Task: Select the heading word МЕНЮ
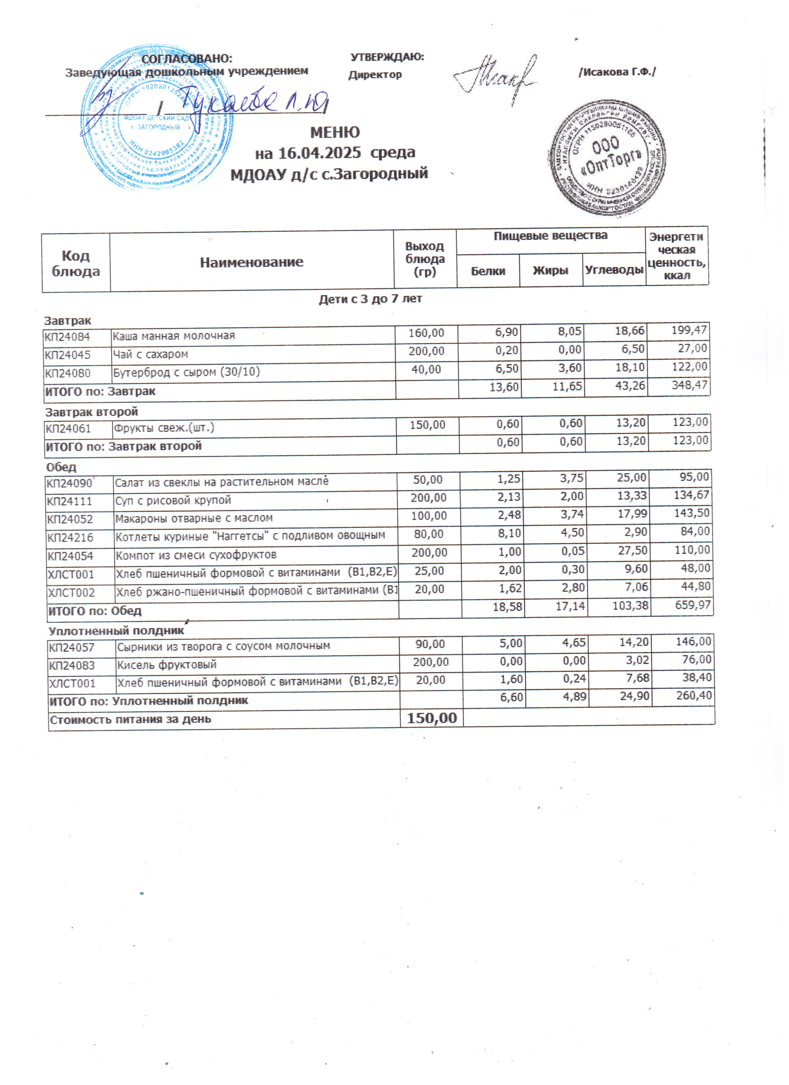tap(335, 132)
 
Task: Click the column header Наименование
tap(252, 262)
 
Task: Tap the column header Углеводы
tap(614, 270)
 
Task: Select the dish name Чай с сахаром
tap(151, 355)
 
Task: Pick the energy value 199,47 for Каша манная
tap(689, 330)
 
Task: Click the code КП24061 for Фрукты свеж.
tap(68, 429)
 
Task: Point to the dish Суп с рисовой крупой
tap(173, 500)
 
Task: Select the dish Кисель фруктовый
tap(167, 665)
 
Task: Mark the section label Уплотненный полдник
tap(116, 631)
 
